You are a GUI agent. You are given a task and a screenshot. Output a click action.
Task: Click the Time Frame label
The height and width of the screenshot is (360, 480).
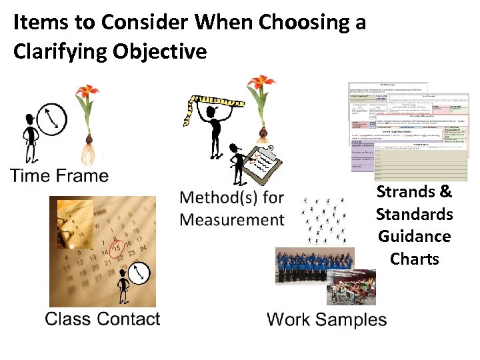pyautogui.click(x=60, y=176)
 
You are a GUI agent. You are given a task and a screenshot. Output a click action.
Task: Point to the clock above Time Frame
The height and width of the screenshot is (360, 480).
pyautogui.click(x=52, y=118)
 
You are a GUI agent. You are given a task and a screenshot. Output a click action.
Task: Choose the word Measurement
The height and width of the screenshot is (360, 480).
pyautogui.click(x=232, y=220)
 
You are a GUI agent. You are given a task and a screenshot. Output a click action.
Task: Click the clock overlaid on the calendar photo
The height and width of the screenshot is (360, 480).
pyautogui.click(x=139, y=271)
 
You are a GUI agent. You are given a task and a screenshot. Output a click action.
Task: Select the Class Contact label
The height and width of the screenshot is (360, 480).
pyautogui.click(x=103, y=319)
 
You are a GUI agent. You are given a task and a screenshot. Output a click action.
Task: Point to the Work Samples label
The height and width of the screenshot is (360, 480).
pyautogui.click(x=327, y=319)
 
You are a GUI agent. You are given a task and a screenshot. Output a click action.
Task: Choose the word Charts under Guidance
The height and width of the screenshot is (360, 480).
pyautogui.click(x=414, y=259)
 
